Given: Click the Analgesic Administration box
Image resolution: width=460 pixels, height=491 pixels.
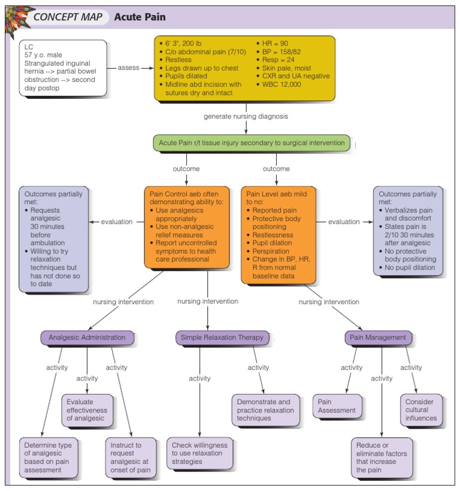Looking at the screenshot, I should (x=87, y=338).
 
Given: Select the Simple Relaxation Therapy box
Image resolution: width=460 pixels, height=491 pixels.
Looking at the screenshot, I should (x=222, y=338).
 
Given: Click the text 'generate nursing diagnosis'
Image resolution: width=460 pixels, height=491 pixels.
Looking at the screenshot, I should (x=246, y=115).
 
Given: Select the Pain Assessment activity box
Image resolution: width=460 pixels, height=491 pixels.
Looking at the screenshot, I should (x=336, y=406).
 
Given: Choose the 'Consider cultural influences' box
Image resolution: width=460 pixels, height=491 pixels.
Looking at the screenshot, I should (x=421, y=410).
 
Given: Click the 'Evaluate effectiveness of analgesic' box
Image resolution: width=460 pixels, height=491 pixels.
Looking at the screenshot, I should (x=87, y=410).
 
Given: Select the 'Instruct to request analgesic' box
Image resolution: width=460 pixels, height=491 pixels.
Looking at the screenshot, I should (x=131, y=457).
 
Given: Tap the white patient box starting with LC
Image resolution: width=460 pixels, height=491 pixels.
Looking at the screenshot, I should (x=63, y=68).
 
